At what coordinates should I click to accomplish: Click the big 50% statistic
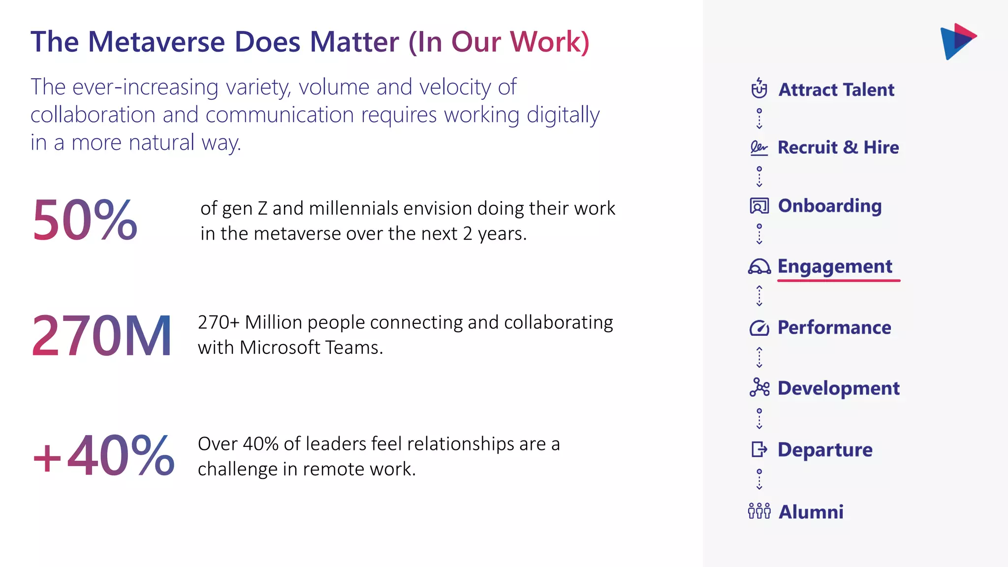[85, 220]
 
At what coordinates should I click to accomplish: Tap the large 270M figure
[101, 336]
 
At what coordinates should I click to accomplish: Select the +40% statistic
[103, 456]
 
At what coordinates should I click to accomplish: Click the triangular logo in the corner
[957, 41]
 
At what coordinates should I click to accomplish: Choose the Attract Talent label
[836, 90]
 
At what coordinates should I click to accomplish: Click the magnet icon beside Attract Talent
[759, 89]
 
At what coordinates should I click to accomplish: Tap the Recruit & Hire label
[838, 148]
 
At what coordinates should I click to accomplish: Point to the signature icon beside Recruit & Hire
[759, 148]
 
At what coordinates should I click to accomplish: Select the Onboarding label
[830, 206]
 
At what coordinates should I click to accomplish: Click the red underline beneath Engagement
[839, 281]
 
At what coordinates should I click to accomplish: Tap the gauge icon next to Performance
[759, 328]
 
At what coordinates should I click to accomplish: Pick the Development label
[838, 388]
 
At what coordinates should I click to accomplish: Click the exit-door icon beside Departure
[759, 449]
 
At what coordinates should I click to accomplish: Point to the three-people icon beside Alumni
[759, 511]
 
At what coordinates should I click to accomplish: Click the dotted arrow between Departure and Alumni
[759, 479]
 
